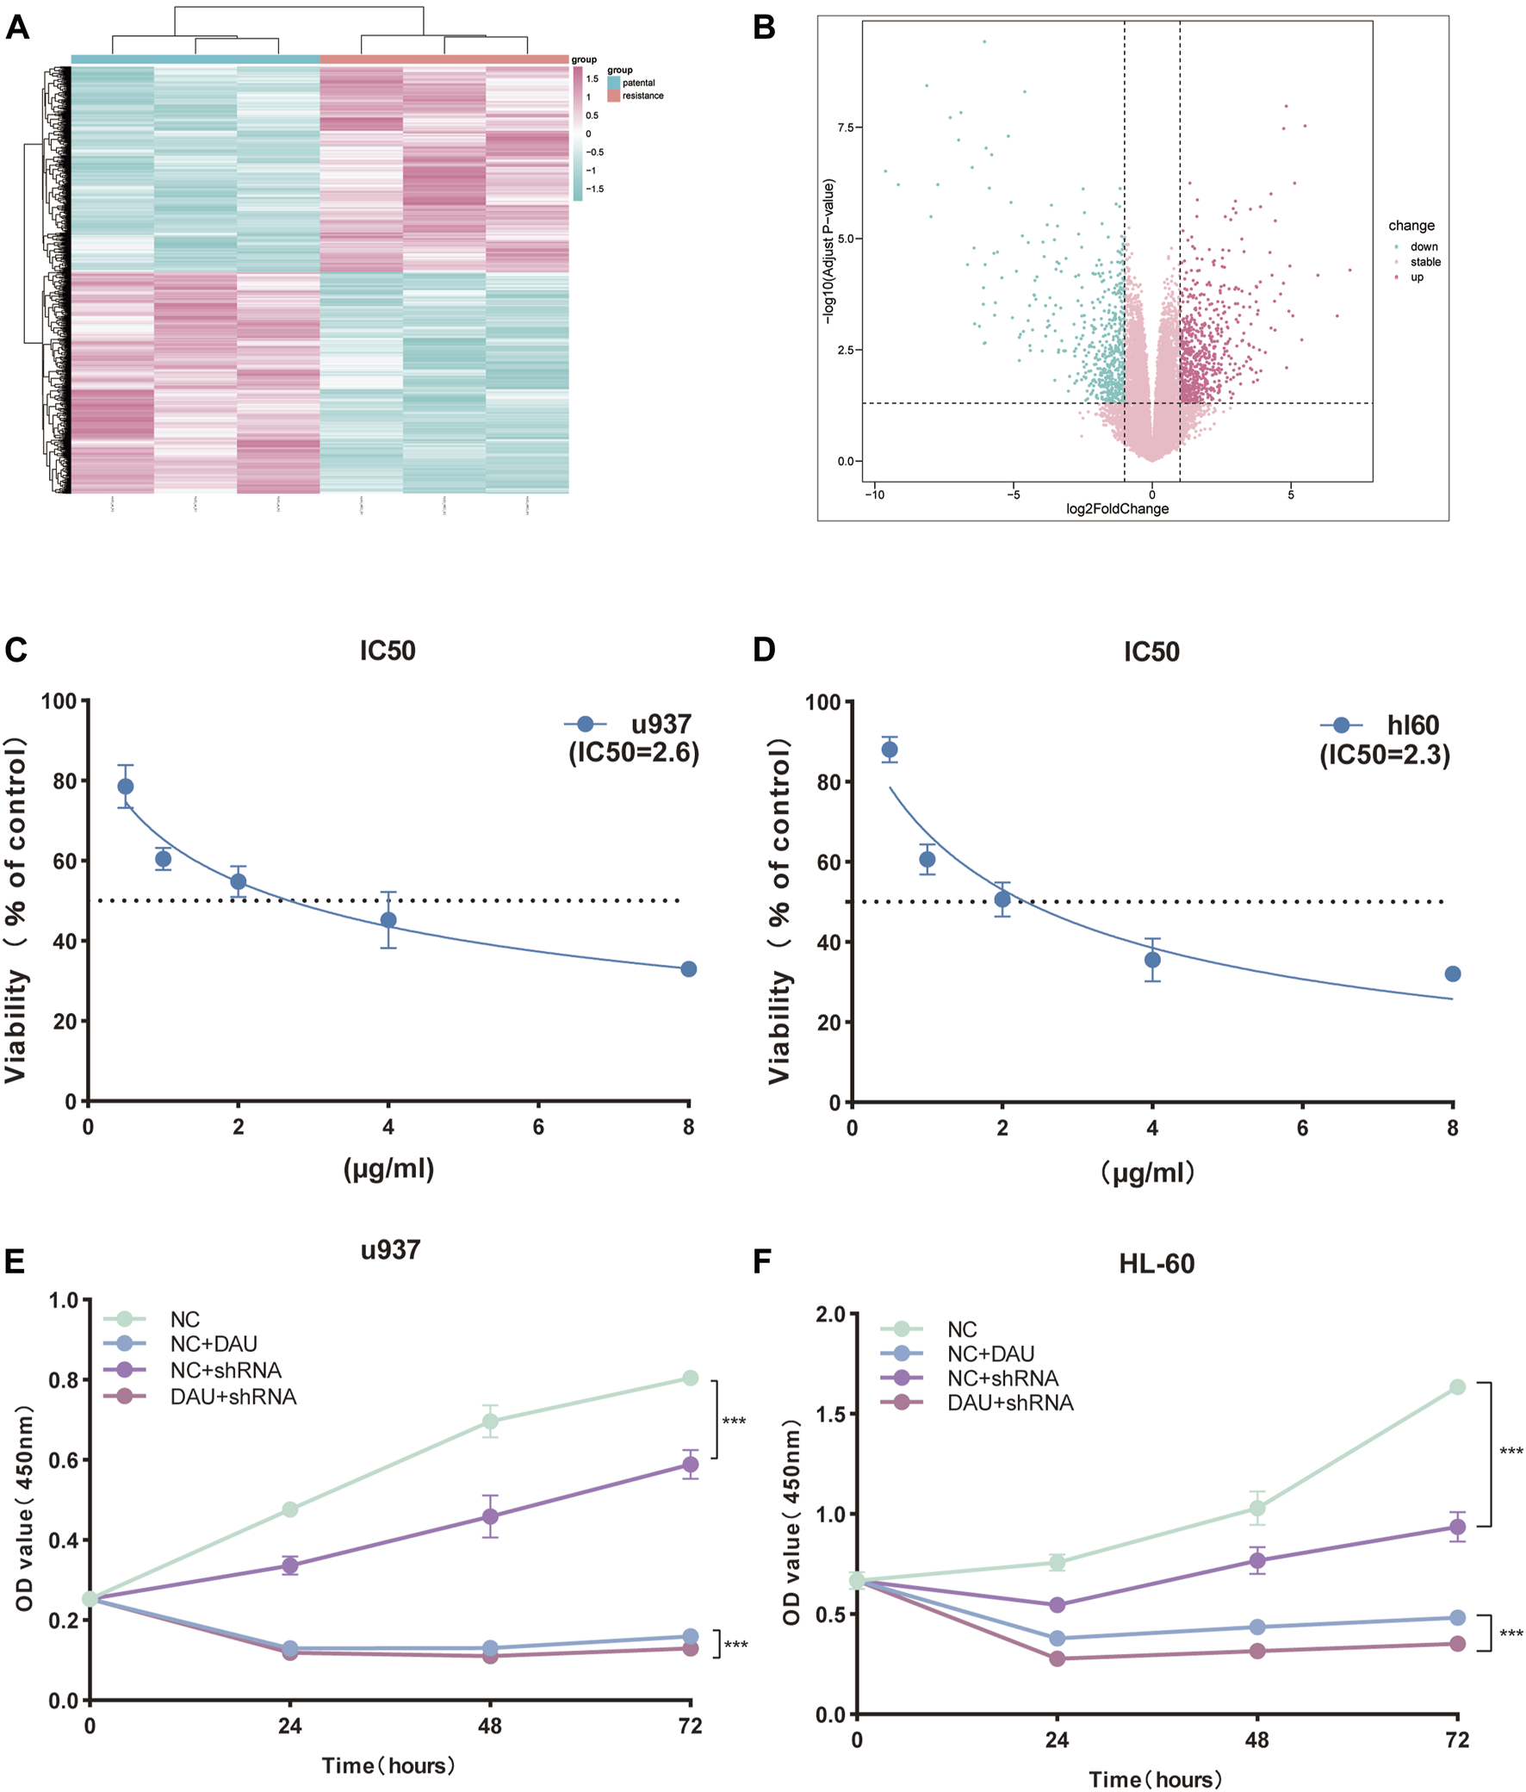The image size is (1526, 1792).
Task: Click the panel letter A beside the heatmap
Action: (17, 28)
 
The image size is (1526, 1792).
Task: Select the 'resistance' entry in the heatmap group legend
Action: (642, 96)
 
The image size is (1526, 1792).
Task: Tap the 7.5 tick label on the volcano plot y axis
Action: (845, 128)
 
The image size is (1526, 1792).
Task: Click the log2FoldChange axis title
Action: (1117, 508)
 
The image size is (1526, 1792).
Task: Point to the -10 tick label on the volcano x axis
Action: (875, 495)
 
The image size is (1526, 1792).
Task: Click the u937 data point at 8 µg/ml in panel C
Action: (688, 968)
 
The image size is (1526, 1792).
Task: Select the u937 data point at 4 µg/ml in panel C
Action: (388, 919)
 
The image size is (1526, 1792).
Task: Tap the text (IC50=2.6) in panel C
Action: (634, 752)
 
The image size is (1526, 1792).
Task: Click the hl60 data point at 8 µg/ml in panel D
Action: (1453, 974)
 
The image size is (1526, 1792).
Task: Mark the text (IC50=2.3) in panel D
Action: (1384, 755)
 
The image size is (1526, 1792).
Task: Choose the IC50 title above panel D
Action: (1151, 651)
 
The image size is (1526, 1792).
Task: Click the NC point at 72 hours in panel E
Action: (690, 1378)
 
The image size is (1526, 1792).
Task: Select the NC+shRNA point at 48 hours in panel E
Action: (490, 1516)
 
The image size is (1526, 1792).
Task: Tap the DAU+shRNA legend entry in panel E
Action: (233, 1396)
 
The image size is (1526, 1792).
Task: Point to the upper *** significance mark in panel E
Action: (734, 1422)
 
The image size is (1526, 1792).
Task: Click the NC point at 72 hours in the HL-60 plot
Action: (1457, 1386)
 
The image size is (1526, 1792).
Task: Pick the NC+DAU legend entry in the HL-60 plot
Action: (990, 1353)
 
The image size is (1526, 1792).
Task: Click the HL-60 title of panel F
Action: (1156, 1264)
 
